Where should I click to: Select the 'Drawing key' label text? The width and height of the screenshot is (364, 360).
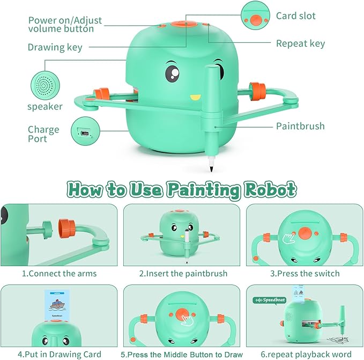tap(55, 47)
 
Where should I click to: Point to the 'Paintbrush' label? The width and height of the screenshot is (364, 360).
tap(300, 127)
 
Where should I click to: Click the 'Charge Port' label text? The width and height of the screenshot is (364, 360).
tap(43, 134)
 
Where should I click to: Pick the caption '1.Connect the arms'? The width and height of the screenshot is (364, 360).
tap(59, 274)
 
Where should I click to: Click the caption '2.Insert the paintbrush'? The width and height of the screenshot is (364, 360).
tap(183, 274)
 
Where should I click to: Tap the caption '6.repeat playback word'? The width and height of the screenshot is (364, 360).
tap(304, 354)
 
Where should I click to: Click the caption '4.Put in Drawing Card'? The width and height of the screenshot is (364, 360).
tap(59, 354)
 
